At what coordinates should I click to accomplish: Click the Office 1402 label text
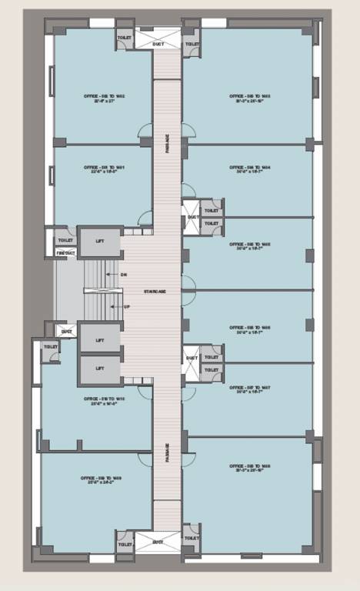click(x=104, y=98)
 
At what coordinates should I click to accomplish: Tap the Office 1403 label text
click(x=247, y=98)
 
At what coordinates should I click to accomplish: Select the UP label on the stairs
click(x=115, y=306)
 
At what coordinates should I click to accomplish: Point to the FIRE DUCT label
click(x=65, y=252)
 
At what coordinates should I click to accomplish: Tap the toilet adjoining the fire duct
click(x=65, y=240)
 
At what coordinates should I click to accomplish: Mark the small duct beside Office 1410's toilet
click(x=67, y=332)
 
